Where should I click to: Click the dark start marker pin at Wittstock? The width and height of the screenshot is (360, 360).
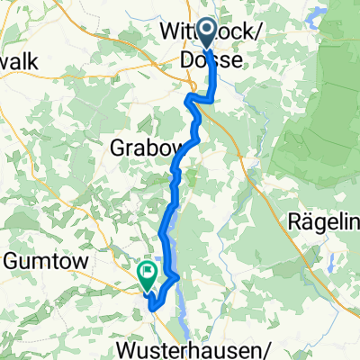coord(206,34)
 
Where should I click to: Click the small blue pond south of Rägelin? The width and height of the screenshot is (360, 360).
coord(331,263)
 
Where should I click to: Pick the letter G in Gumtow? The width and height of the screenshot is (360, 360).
coord(13,261)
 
